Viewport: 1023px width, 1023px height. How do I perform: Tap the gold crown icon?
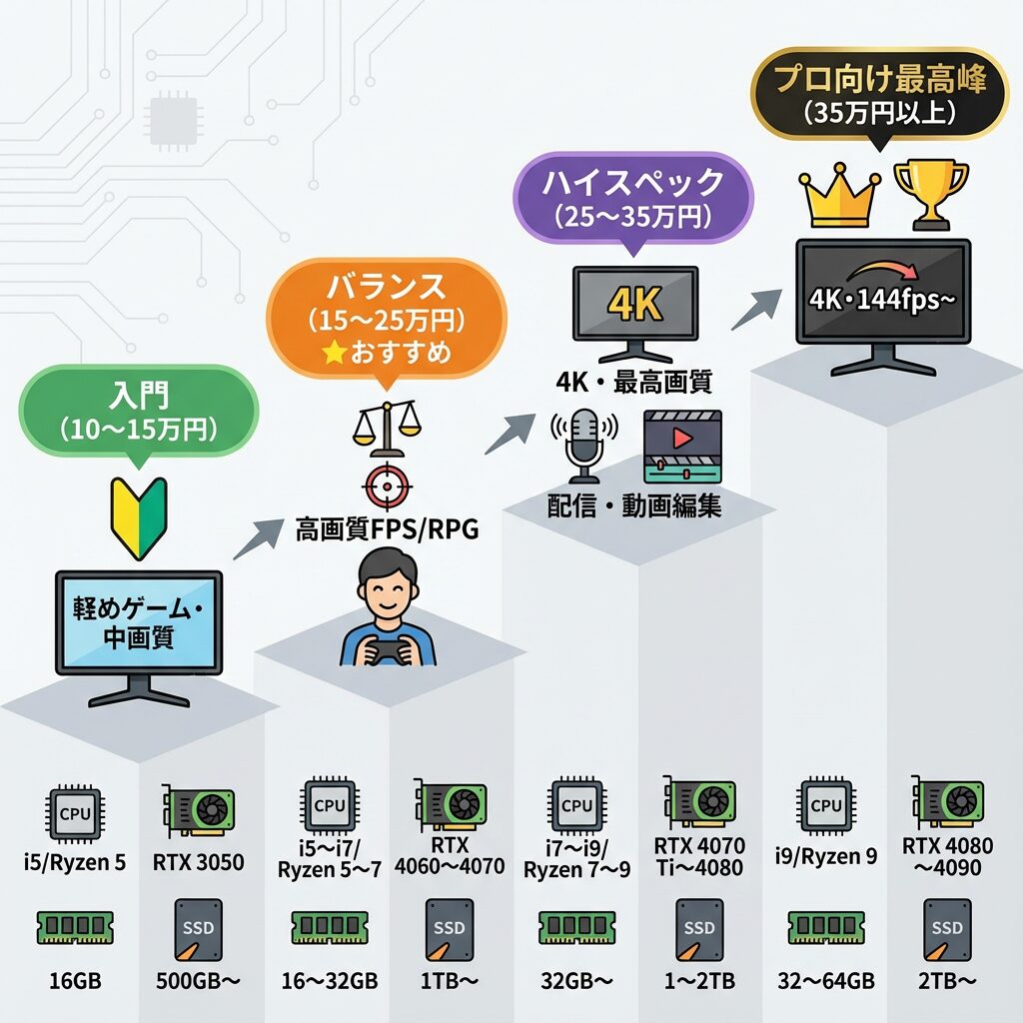pyautogui.click(x=840, y=197)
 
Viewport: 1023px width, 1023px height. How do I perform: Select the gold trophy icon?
pyautogui.click(x=930, y=194)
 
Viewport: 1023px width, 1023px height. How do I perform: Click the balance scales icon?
pyautogui.click(x=385, y=423)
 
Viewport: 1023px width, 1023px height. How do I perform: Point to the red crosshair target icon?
pyautogui.click(x=386, y=487)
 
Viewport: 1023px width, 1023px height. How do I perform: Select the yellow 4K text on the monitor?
pyautogui.click(x=635, y=304)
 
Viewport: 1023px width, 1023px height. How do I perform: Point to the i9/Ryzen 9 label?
pyautogui.click(x=826, y=856)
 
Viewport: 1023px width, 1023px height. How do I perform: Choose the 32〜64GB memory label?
pyautogui.click(x=826, y=980)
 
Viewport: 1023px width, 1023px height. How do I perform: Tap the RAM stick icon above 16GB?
pyautogui.click(x=74, y=927)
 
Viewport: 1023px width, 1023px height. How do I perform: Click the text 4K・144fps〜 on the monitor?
pyautogui.click(x=882, y=299)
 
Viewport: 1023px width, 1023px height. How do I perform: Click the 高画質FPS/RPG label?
pyautogui.click(x=387, y=529)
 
